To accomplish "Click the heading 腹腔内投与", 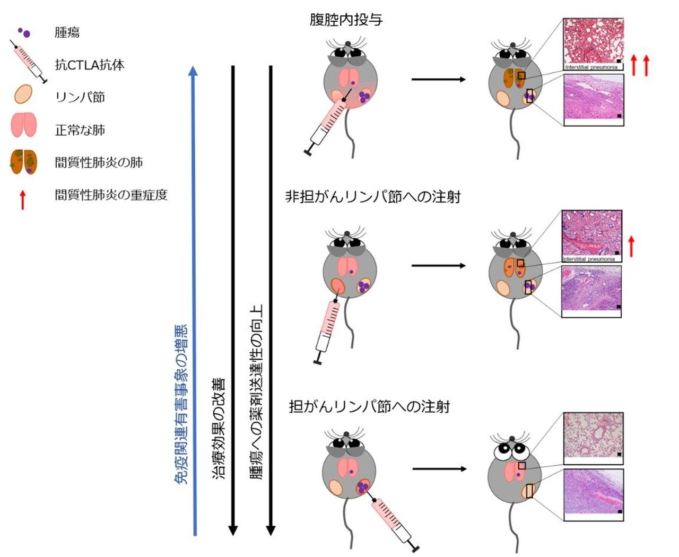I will click(346, 21).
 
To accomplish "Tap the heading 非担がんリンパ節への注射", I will click(372, 197).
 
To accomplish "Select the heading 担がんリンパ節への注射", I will click(369, 407).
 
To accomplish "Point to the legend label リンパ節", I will click(80, 98).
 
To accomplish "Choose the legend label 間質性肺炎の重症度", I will click(111, 195).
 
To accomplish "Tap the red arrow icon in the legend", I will click(22, 199).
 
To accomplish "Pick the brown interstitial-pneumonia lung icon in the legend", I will click(24, 162).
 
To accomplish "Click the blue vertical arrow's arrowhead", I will click(194, 71).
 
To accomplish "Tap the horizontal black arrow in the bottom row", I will click(439, 469).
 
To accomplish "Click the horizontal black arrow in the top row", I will click(438, 80).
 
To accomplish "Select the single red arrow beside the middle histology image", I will click(631, 246).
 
